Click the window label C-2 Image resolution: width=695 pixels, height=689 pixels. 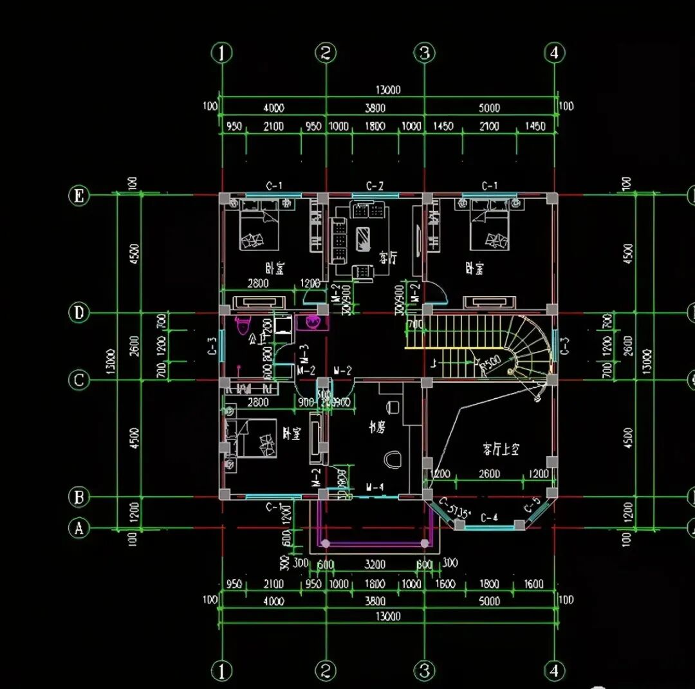(375, 187)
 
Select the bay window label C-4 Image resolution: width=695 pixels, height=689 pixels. (489, 517)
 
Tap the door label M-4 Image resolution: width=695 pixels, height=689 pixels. (375, 487)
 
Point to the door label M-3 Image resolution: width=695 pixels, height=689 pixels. (304, 352)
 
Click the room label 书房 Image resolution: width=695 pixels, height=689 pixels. (376, 426)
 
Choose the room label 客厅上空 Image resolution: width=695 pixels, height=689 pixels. (501, 449)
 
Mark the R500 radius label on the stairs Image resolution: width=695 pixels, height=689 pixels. (492, 362)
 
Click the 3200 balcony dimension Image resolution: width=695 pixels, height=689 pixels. (375, 564)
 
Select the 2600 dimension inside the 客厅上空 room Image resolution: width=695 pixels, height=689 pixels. (489, 474)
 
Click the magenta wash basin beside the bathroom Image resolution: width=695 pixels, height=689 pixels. (313, 322)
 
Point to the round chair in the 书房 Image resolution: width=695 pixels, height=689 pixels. (391, 459)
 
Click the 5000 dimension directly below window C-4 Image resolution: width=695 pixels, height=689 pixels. (489, 601)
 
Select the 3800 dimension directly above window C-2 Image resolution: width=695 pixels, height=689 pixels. (375, 108)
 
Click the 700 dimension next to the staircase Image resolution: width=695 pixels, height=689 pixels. (416, 325)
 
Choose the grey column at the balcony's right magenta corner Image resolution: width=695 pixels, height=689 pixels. (425, 544)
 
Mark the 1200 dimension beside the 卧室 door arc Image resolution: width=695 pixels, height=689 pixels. (310, 283)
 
